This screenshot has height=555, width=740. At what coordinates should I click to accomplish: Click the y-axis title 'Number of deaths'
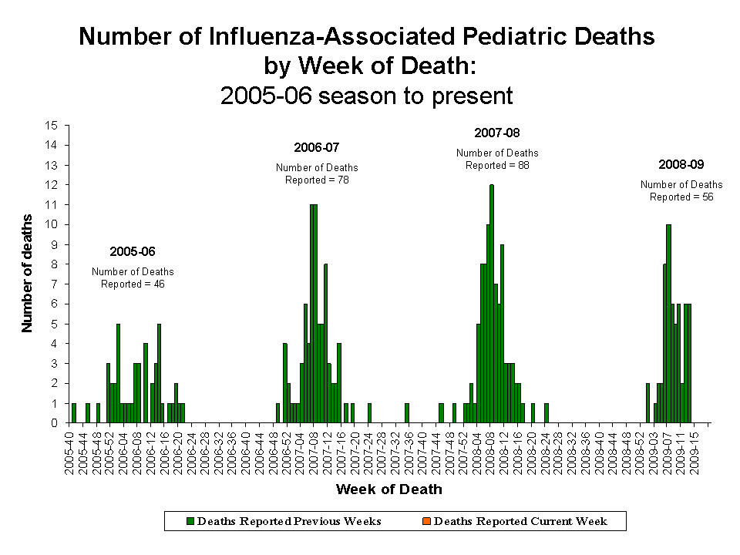pos(27,274)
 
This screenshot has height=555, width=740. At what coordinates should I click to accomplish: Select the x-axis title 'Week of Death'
pos(388,489)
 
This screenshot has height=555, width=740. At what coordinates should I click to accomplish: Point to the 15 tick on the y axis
pos(52,125)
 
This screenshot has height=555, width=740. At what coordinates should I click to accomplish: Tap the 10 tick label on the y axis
pos(52,224)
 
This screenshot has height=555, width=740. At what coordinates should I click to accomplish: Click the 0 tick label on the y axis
pos(55,422)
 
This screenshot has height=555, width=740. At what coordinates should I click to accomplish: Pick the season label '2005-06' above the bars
pos(133,251)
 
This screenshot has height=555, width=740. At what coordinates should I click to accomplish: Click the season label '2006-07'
pos(317,147)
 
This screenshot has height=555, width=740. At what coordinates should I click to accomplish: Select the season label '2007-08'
pos(497,133)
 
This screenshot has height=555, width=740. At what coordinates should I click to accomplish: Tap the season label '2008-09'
pos(681,164)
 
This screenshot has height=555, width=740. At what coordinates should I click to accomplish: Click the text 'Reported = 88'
pos(497,165)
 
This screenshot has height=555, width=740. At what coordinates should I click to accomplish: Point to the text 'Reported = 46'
pos(133,284)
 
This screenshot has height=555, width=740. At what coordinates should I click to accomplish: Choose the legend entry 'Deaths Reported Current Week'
pos(520,521)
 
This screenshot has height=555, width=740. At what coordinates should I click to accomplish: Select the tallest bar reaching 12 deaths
pos(492,304)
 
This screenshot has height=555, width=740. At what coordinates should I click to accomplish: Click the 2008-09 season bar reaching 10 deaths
pos(668,324)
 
